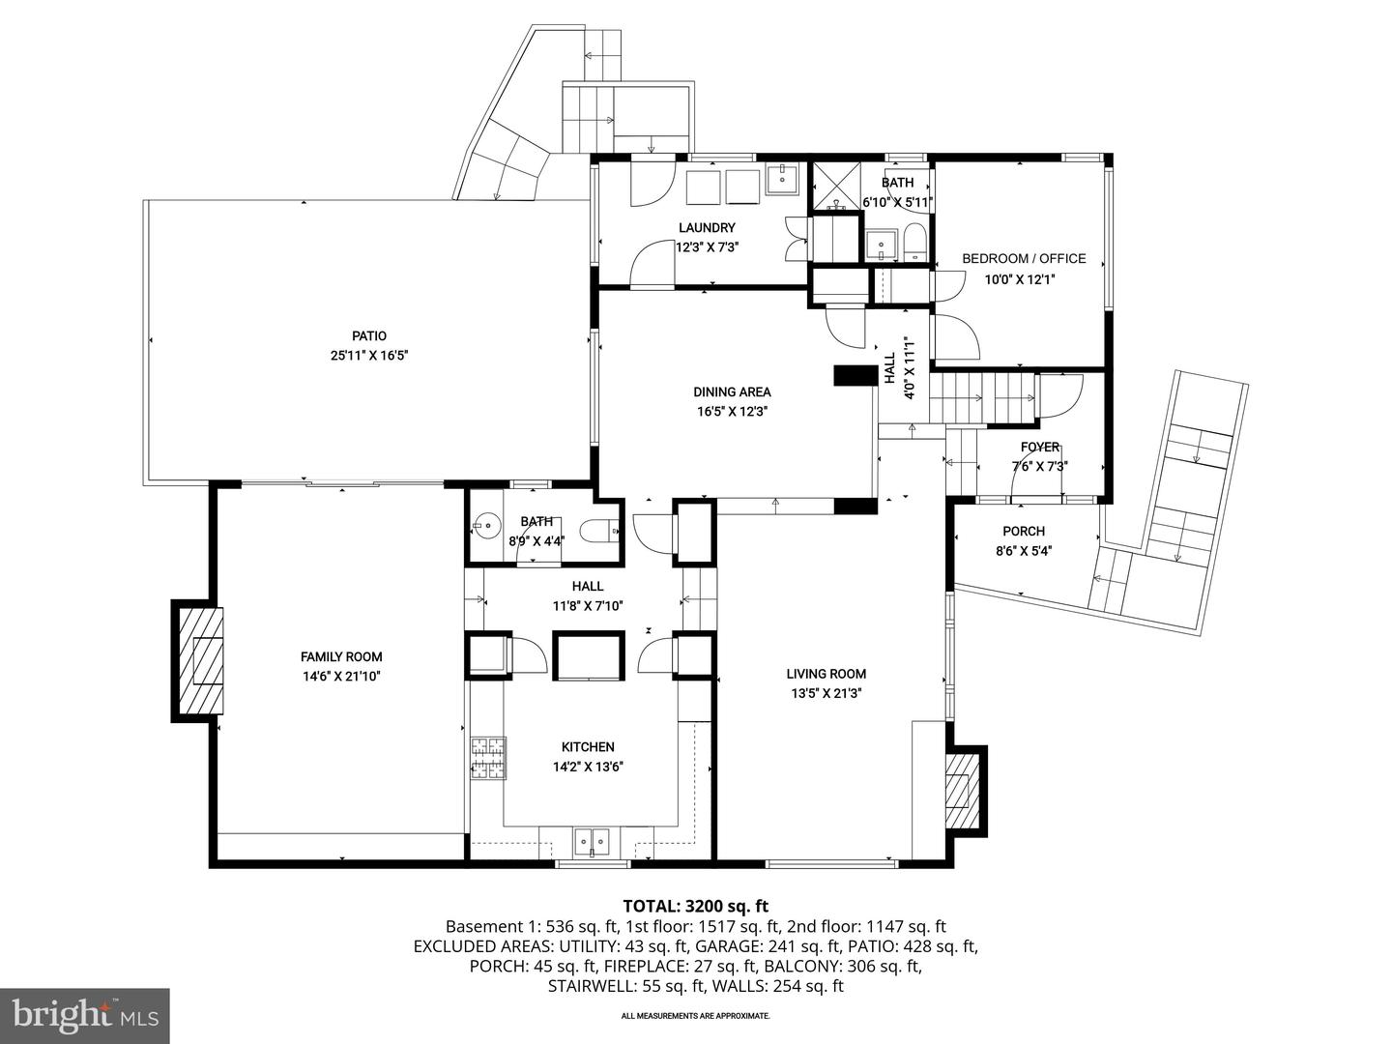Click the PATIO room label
(x=368, y=335)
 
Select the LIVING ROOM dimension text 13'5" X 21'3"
(x=825, y=693)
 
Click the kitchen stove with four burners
(x=488, y=759)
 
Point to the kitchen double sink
(x=592, y=841)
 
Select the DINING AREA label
(x=732, y=392)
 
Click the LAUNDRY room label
(x=707, y=228)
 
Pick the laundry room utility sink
(x=780, y=179)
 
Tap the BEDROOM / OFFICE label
(x=1024, y=259)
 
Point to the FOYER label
(x=1040, y=448)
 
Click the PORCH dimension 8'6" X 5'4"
(x=1024, y=551)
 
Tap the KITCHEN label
(x=588, y=747)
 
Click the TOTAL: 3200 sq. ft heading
(x=695, y=906)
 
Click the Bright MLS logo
(x=84, y=1014)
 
